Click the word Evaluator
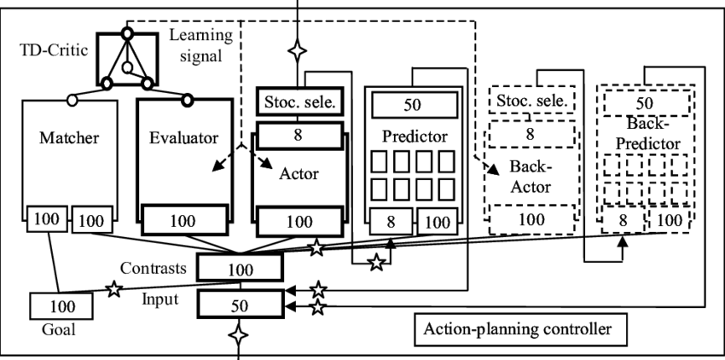184,137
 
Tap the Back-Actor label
529,176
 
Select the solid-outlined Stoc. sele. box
299,102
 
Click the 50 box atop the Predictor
413,105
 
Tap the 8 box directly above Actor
299,134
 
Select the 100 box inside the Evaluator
183,221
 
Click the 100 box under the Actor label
299,221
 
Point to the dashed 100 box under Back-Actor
531,220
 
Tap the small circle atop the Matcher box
72,100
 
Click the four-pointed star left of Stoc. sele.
297,51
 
